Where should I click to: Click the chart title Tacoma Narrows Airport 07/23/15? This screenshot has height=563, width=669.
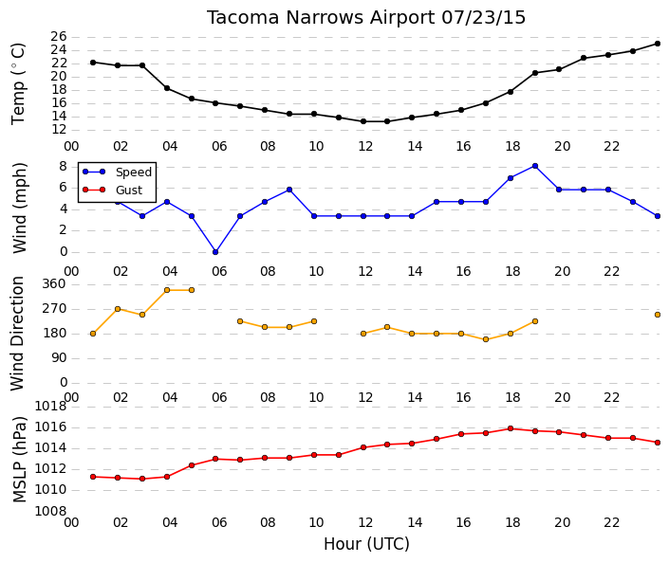(366, 18)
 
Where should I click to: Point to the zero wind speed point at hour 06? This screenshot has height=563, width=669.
(215, 252)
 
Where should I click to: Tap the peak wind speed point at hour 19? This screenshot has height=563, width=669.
(535, 166)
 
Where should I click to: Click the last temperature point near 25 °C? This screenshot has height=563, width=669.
(658, 44)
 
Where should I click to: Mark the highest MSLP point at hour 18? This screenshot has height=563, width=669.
(511, 428)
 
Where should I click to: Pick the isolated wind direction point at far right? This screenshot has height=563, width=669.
(658, 315)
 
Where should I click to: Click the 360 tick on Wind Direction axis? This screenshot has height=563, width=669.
(55, 283)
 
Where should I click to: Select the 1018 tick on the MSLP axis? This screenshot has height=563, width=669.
(50, 407)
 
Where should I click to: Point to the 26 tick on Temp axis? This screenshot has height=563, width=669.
(59, 37)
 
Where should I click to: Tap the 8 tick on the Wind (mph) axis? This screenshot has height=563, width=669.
(64, 166)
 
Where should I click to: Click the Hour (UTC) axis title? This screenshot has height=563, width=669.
(366, 544)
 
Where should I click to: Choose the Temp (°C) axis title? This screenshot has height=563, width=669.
(18, 84)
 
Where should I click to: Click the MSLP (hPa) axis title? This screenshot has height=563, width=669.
(19, 460)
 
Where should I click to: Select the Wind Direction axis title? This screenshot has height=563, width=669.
(17, 334)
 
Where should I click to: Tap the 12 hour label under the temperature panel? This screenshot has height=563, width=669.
(365, 146)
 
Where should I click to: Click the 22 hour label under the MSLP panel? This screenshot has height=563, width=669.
(611, 522)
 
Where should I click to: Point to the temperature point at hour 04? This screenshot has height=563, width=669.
(167, 88)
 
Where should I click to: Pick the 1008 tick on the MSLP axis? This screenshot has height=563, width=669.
(50, 511)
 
